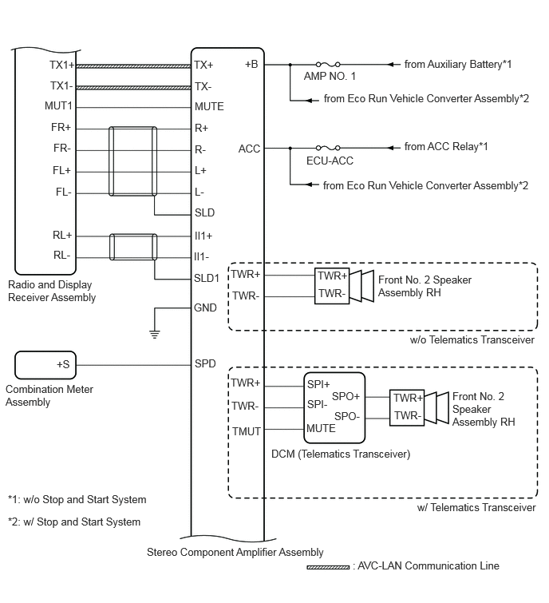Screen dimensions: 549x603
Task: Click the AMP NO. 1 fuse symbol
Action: point(328,64)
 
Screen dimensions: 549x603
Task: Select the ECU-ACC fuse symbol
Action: point(328,148)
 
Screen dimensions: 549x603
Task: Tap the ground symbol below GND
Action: point(155,334)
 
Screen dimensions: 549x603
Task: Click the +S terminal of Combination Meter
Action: point(63,364)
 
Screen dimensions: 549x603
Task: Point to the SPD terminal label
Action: point(205,363)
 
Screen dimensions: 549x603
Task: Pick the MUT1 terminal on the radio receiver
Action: point(58,105)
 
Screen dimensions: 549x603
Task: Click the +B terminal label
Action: point(251,64)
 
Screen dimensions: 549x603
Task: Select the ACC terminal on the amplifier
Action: point(249,149)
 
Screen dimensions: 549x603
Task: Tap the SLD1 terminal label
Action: point(207,278)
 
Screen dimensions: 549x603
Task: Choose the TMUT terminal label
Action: point(247,431)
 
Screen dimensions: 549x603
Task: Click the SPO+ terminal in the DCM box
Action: point(346,396)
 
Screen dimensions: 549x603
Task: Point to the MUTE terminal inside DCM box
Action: point(321,428)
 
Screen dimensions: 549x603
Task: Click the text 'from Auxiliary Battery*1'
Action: point(458,64)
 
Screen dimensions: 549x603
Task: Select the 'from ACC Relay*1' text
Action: point(446,146)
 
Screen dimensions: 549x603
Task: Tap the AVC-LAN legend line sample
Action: point(328,567)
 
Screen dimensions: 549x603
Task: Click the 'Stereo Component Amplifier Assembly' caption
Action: point(235,552)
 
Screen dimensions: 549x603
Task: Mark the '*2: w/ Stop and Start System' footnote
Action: point(74,522)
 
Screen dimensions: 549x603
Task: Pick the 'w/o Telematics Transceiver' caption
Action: point(472,339)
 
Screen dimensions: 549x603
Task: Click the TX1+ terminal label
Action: point(62,65)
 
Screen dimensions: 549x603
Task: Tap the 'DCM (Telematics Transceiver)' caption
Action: point(341,454)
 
